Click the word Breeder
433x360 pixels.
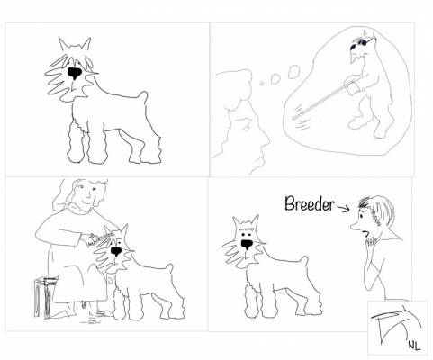[309, 203]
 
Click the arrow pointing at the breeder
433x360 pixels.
[343, 208]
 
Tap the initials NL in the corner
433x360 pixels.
[414, 345]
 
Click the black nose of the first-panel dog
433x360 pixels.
[74, 73]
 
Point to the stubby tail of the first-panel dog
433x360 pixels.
[143, 96]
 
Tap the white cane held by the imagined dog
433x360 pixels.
[323, 100]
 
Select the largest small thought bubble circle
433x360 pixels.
[293, 72]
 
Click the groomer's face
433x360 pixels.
[86, 194]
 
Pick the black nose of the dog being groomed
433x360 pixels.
[116, 251]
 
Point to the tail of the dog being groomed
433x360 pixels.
[169, 268]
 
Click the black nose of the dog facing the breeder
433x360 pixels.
[247, 245]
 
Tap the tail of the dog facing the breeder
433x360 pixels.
[304, 261]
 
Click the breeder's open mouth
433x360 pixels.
[365, 233]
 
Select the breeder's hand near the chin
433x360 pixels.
[370, 242]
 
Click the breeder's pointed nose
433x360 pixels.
[355, 228]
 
